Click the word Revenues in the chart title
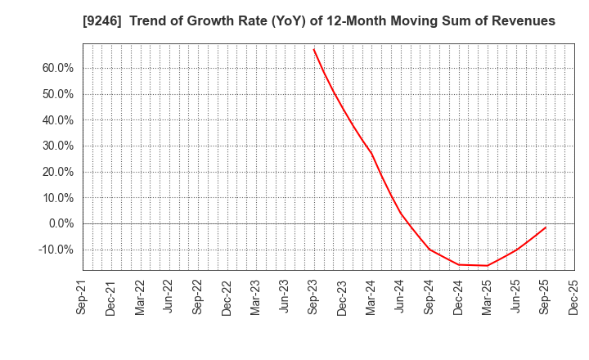point(522,21)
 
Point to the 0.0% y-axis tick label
point(63,223)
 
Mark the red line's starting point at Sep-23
point(313,49)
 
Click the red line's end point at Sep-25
point(546,227)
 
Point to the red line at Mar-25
point(488,265)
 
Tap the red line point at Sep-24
point(429,249)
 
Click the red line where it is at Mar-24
point(371,153)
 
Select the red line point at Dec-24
point(458,264)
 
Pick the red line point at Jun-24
point(401,214)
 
